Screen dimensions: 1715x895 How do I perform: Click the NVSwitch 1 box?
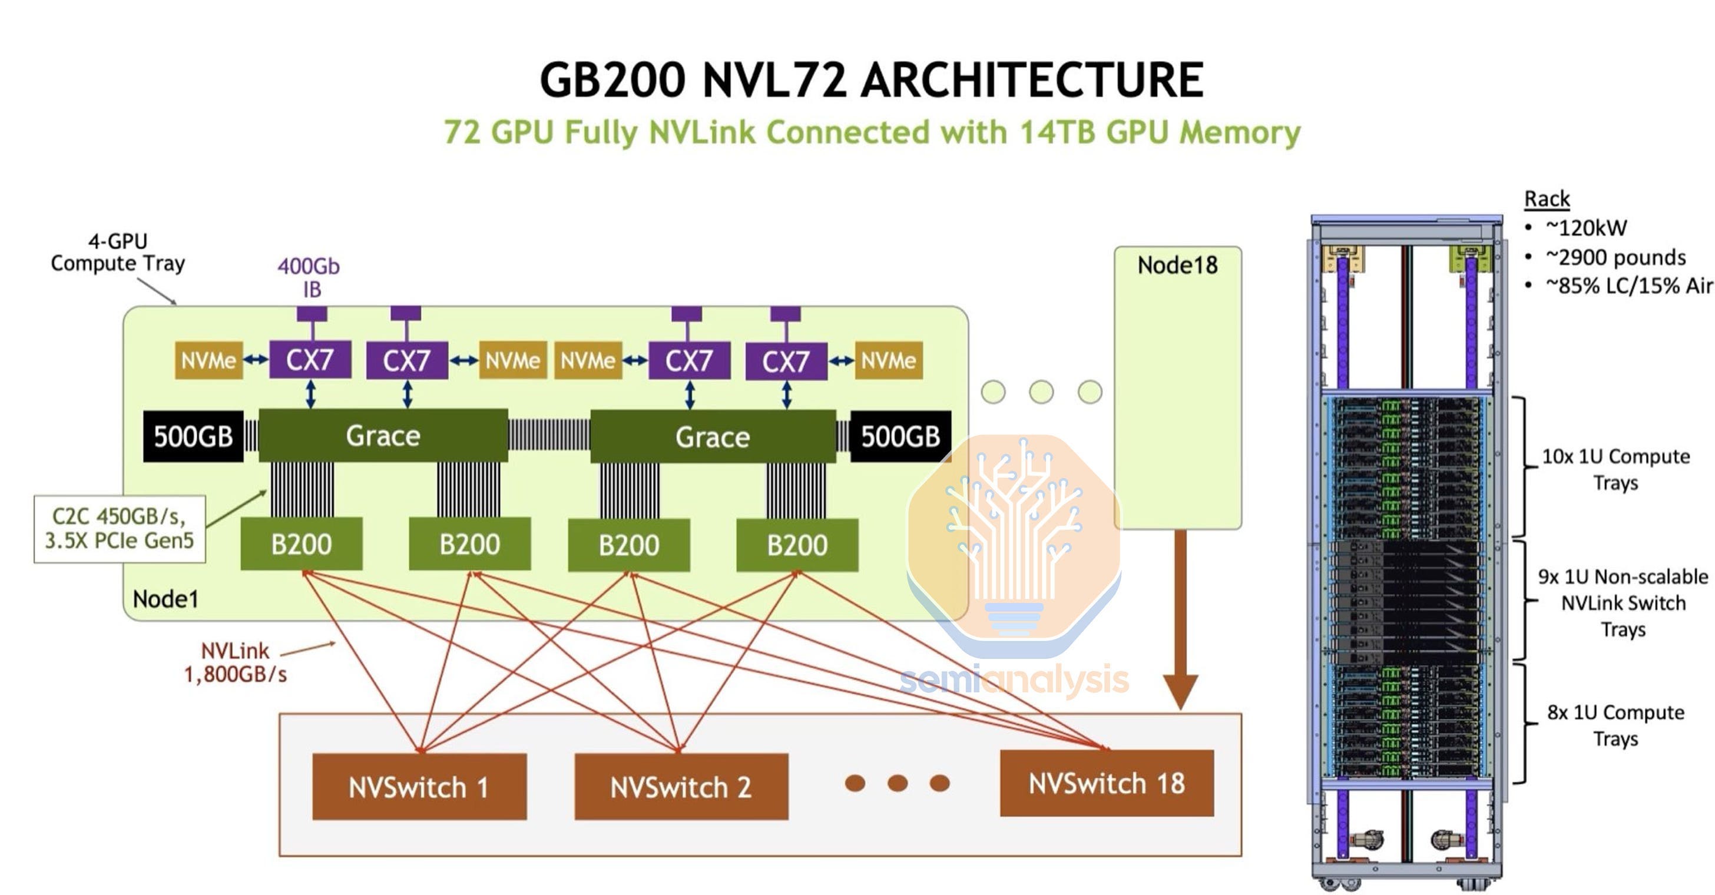point(419,786)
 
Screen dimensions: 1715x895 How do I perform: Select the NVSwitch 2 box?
point(681,786)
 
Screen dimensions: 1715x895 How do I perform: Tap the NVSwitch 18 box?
point(1107,783)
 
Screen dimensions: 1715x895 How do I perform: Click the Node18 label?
point(1177,265)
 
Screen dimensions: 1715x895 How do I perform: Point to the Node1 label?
point(165,599)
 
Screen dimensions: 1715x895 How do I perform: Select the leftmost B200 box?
point(302,543)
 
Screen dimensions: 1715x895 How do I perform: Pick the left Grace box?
point(383,435)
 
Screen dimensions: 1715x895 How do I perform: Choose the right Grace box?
point(713,436)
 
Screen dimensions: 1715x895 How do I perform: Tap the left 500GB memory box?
point(193,436)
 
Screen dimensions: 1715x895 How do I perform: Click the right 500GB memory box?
point(900,436)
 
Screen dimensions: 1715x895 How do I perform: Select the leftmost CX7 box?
point(310,360)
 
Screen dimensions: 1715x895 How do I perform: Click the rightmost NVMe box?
point(888,360)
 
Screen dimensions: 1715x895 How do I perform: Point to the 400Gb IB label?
point(309,277)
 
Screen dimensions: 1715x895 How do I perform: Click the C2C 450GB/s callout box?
point(120,528)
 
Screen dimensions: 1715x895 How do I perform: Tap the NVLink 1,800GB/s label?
point(235,662)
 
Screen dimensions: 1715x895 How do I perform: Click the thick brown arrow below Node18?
point(1180,619)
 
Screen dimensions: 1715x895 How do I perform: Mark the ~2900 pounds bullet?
point(1605,257)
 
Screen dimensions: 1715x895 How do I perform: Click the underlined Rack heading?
point(1547,198)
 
